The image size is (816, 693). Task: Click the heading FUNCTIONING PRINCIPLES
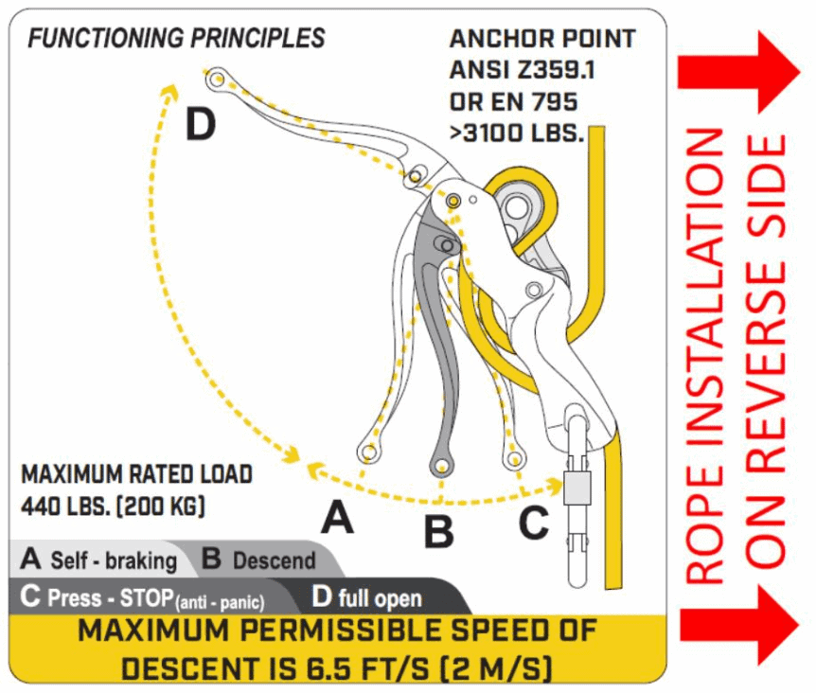[176, 39]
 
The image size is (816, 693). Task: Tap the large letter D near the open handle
[200, 125]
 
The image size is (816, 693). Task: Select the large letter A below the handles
[338, 518]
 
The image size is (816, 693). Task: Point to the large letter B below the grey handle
[437, 531]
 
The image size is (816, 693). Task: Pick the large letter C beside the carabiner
[533, 522]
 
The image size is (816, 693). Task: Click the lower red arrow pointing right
[739, 624]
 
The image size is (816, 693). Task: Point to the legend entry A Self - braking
[99, 560]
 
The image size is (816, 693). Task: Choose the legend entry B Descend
[258, 560]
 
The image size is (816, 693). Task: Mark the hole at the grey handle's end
[440, 466]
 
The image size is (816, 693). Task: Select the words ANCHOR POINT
[542, 39]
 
